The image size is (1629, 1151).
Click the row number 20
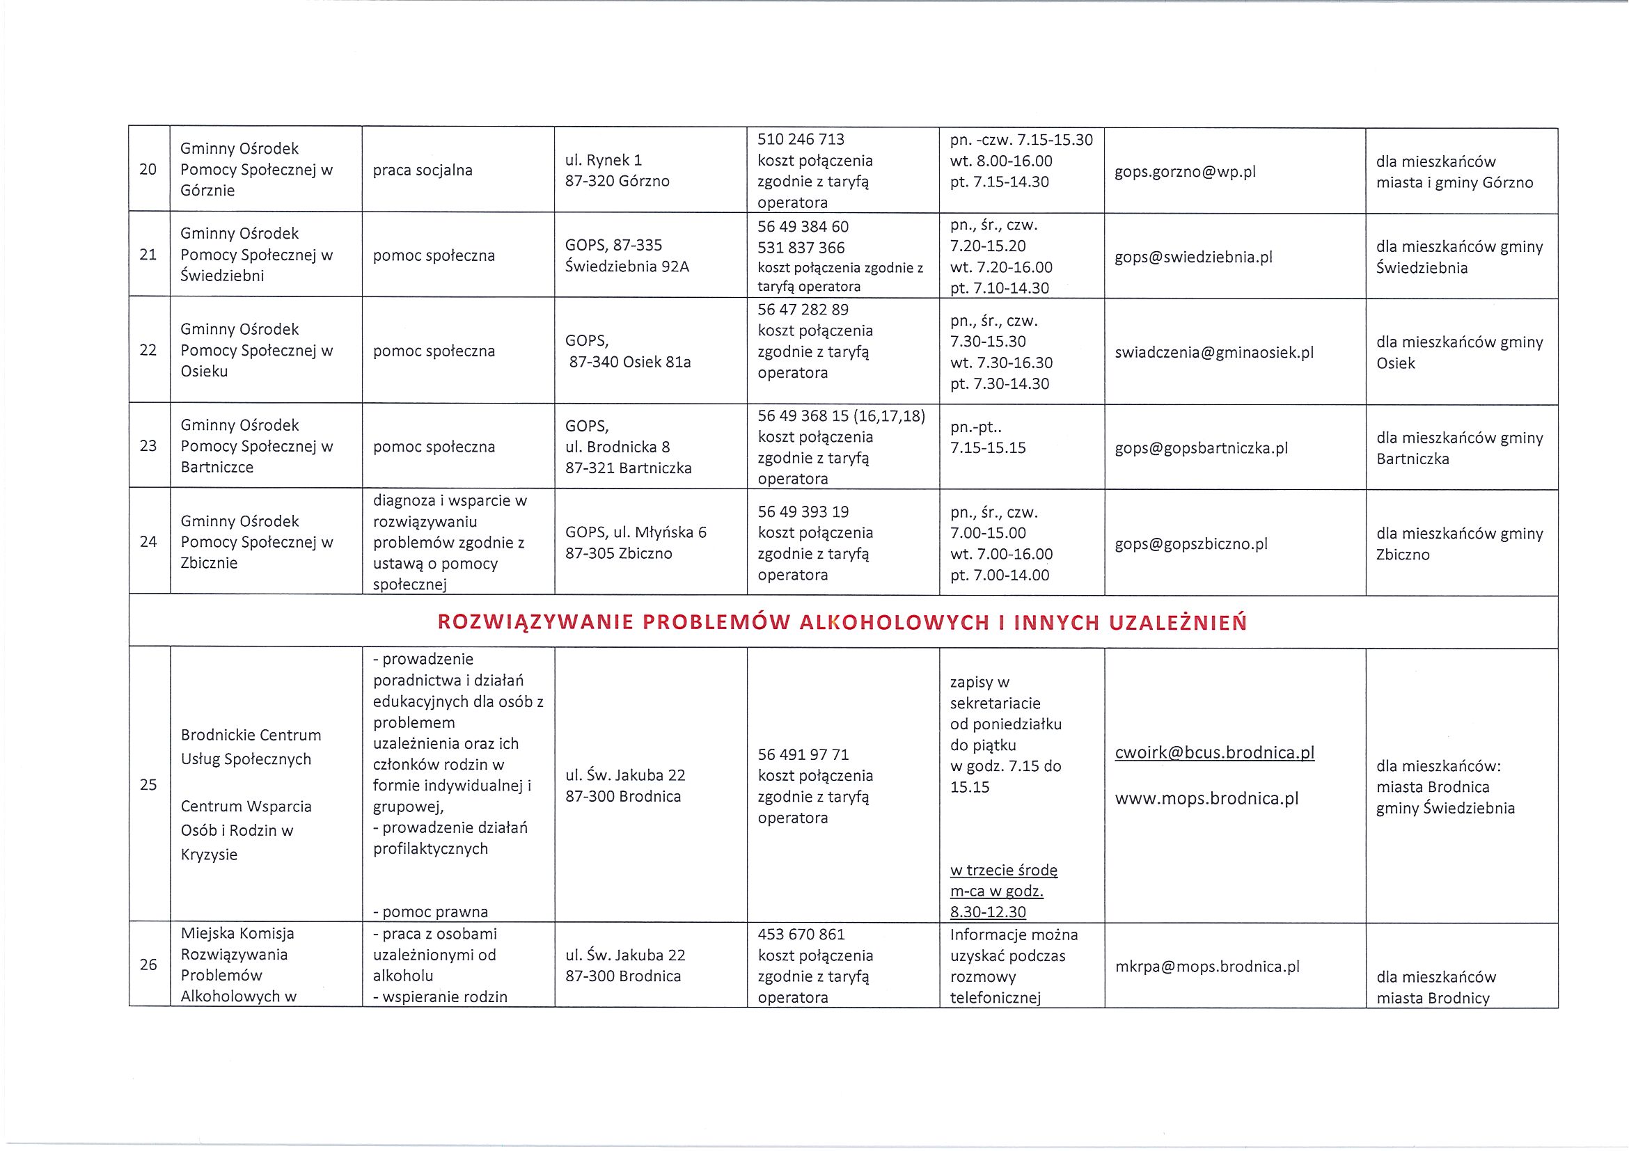click(x=148, y=170)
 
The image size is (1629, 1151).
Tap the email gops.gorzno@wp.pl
click(x=1185, y=172)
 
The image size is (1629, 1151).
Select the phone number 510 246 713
click(x=801, y=139)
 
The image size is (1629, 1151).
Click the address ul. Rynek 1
click(x=603, y=160)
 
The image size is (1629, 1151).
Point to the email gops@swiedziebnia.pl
click(x=1193, y=257)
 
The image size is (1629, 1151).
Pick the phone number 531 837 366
click(x=801, y=248)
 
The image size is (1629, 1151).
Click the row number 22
click(x=148, y=350)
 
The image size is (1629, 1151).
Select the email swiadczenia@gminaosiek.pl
click(x=1214, y=352)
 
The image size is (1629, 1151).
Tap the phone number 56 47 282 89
click(x=803, y=309)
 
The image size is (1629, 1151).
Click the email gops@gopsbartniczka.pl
click(x=1201, y=448)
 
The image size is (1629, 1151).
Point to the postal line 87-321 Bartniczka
click(x=628, y=468)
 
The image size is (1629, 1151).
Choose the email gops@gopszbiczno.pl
click(x=1191, y=544)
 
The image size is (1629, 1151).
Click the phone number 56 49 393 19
click(x=803, y=511)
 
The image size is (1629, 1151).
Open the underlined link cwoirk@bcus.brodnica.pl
click(x=1215, y=752)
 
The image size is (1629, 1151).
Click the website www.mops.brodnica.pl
click(x=1206, y=799)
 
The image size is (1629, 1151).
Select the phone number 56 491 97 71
click(x=803, y=754)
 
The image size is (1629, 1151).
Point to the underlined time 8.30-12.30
click(x=988, y=912)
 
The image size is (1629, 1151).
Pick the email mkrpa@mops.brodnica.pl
click(x=1207, y=967)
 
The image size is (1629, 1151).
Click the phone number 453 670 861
click(x=801, y=934)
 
